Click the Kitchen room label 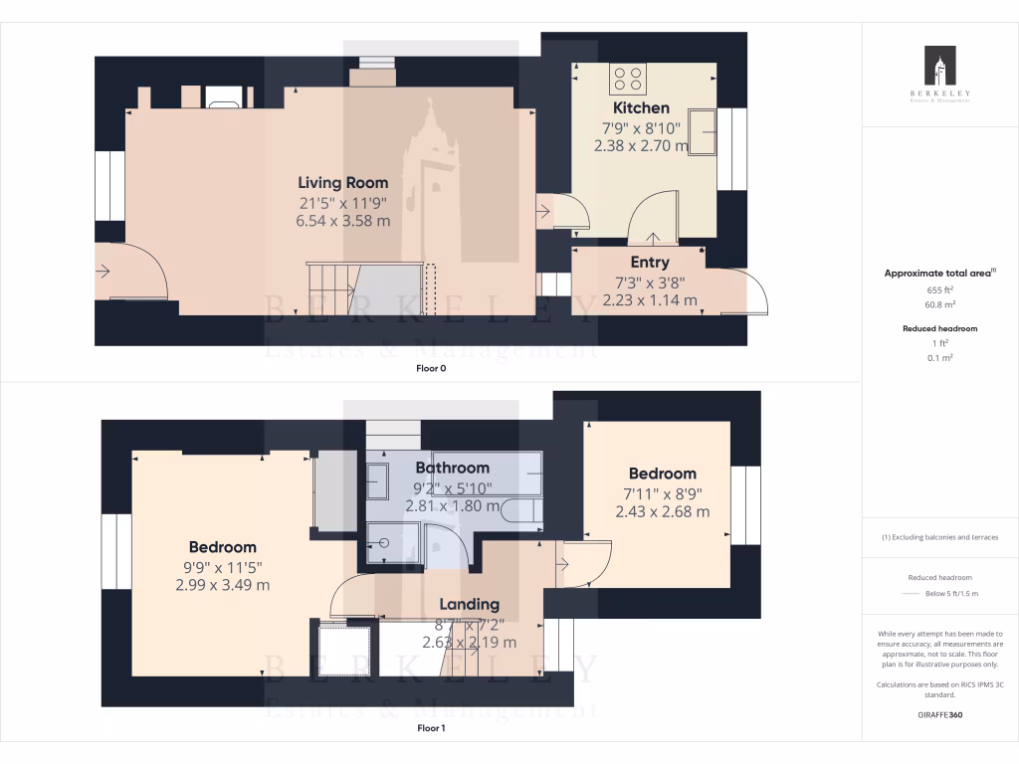point(641,107)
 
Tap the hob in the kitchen point(627,78)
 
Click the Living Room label point(343,182)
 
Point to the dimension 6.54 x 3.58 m point(343,221)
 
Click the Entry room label point(649,263)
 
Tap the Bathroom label point(452,468)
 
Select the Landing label point(469,604)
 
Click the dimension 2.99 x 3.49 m point(223,585)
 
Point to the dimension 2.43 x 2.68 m point(662,511)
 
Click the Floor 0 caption point(431,368)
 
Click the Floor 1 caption point(431,728)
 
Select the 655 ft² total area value point(940,289)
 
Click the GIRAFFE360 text point(940,714)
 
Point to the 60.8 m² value point(940,305)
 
